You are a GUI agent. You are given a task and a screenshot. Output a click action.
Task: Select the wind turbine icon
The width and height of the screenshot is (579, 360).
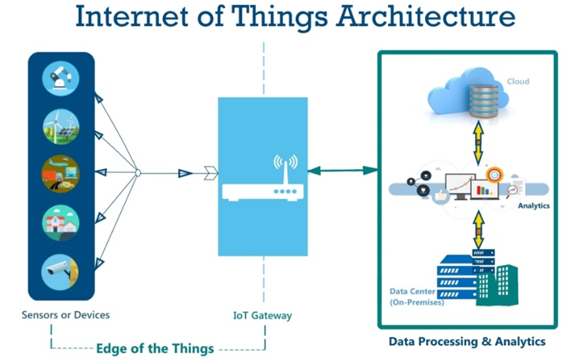tap(60, 126)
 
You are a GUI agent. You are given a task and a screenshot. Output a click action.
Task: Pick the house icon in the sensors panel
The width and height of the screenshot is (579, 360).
tap(60, 221)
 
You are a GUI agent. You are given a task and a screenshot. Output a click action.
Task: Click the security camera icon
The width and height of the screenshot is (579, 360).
tap(60, 269)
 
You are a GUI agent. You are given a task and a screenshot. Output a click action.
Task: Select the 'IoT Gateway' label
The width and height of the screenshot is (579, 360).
tap(263, 314)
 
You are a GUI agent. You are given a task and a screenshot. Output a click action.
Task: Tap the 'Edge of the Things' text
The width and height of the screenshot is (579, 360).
tap(154, 349)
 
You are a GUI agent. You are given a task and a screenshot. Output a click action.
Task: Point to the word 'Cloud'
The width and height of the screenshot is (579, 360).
tap(518, 82)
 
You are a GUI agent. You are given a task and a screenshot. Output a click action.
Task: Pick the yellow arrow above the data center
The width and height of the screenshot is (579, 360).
tap(477, 229)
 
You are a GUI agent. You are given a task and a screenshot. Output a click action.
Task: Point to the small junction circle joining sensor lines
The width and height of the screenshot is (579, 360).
tap(137, 174)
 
